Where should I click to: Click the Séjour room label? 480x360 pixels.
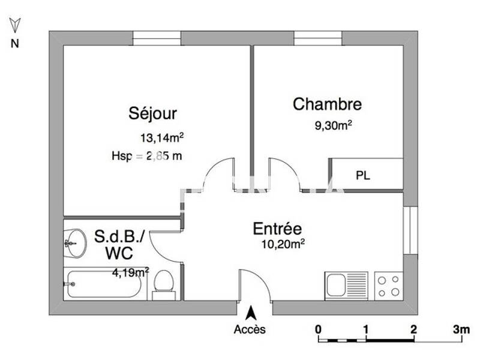tap(152, 114)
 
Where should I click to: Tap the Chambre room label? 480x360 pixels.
tap(327, 104)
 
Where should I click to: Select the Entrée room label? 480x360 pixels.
tap(277, 229)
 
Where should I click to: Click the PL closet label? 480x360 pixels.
tap(362, 176)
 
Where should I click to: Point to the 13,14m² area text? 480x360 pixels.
tap(161, 138)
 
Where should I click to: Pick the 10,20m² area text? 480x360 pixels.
tap(283, 244)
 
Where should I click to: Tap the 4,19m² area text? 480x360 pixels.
tap(130, 272)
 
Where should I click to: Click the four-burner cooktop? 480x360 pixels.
tap(388, 285)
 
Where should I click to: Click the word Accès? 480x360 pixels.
tap(250, 329)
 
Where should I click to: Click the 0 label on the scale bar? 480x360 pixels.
tap(318, 329)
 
